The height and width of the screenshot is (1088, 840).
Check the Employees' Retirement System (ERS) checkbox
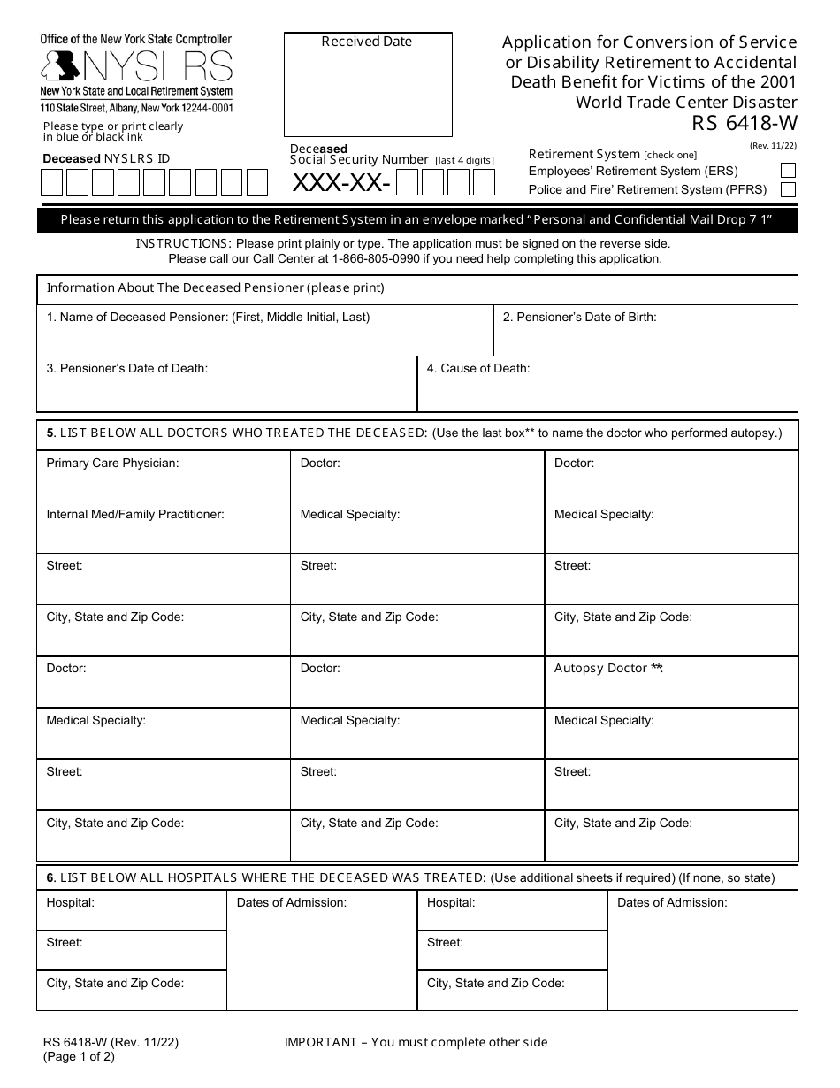tap(788, 171)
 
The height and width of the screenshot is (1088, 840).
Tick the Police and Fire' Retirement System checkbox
tap(788, 189)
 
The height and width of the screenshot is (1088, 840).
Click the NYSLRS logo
tap(137, 66)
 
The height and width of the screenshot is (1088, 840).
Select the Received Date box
tap(367, 84)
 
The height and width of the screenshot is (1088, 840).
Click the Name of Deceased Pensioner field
tap(264, 337)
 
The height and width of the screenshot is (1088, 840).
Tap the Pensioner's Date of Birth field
tap(645, 337)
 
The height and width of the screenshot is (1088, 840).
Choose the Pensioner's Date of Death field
tap(226, 389)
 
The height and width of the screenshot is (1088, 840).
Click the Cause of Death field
tap(607, 389)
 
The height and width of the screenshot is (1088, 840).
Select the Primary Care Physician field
tap(164, 481)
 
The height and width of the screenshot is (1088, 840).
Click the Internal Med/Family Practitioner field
tap(164, 533)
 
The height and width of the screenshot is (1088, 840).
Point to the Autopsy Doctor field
tap(671, 686)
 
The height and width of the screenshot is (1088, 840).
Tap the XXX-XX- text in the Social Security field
tap(340, 183)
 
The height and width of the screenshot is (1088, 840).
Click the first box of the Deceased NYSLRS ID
tap(51, 183)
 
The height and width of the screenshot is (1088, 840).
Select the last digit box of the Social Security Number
tap(484, 183)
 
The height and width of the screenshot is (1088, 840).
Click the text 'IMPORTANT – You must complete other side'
tap(416, 1042)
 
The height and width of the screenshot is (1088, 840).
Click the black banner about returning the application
tap(417, 220)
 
